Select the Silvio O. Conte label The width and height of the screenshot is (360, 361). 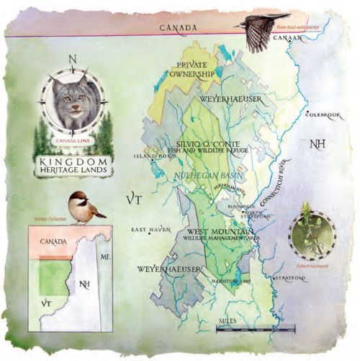211,143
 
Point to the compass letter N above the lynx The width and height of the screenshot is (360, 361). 71,60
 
